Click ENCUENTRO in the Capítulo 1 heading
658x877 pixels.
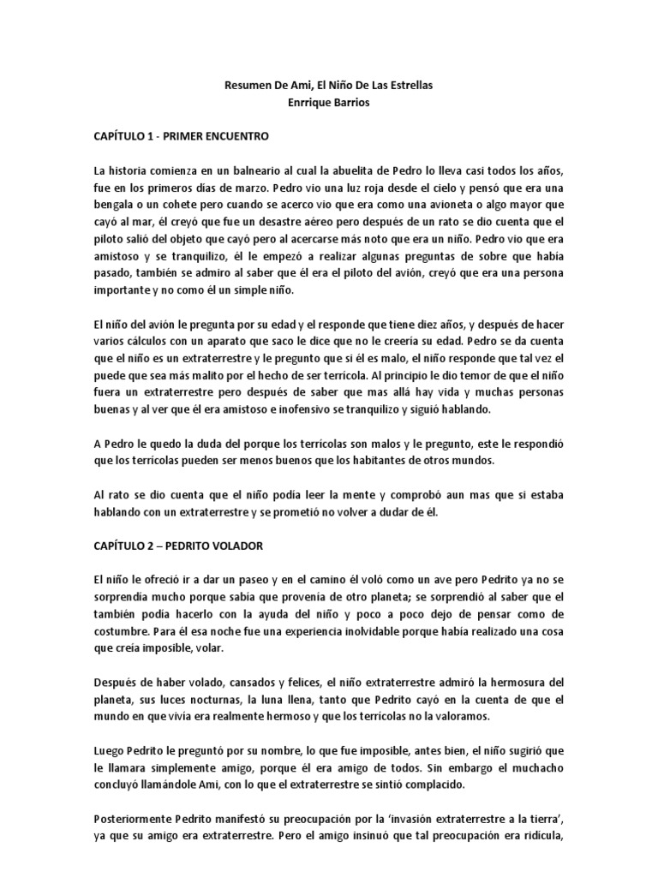(x=246, y=136)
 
